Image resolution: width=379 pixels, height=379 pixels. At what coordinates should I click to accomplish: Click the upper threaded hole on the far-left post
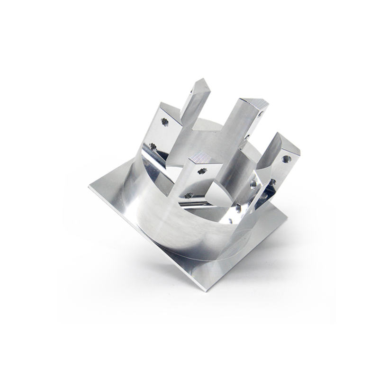pyautogui.click(x=165, y=122)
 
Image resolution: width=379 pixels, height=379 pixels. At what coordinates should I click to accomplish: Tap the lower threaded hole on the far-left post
pyautogui.click(x=153, y=146)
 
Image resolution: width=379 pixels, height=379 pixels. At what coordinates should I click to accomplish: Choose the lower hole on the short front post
pyautogui.click(x=189, y=195)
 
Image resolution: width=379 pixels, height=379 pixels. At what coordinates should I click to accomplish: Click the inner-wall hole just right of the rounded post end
pyautogui.click(x=238, y=207)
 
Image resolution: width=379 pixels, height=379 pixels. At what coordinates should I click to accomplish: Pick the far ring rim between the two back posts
pyautogui.click(x=208, y=123)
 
